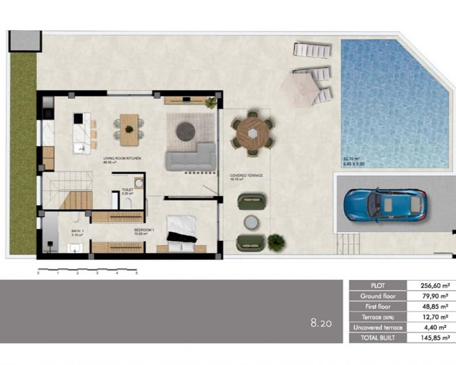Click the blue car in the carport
tap(384, 204)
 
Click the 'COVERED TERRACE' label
tap(247, 176)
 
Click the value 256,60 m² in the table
tap(434, 285)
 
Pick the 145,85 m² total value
tap(434, 338)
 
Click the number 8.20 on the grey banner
tap(321, 320)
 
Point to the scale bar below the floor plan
tap(87, 268)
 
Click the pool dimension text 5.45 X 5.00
tap(355, 165)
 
